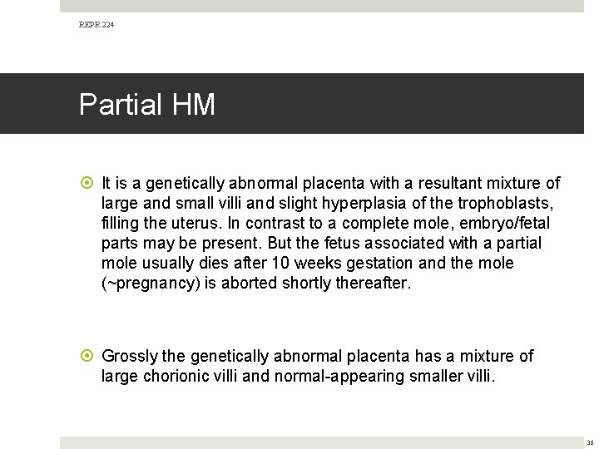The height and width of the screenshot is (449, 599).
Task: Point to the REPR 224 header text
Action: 97,25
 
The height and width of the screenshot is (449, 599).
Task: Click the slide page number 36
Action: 590,442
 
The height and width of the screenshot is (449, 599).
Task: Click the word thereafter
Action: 371,283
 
